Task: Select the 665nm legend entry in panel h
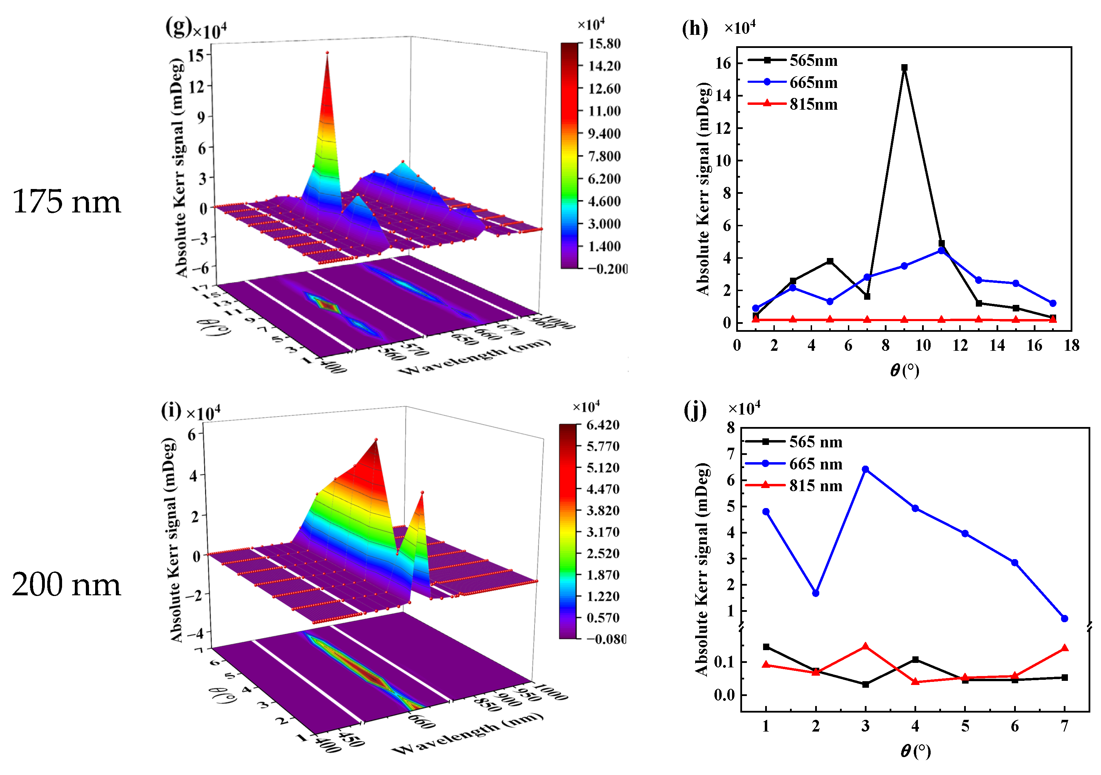813,82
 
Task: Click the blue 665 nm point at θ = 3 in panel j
865,469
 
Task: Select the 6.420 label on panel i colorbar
603,425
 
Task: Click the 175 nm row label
66,201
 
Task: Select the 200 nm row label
66,585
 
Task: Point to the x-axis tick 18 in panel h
1072,345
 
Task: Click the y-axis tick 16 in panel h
723,63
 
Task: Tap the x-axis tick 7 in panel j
1064,726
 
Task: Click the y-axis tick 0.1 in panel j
724,662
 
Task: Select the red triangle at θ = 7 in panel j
1064,648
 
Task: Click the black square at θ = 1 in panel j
766,647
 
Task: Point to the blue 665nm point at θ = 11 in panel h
941,250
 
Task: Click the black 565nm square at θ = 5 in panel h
830,261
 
